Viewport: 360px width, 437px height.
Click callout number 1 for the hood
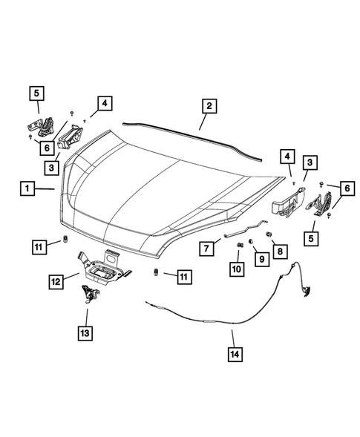27,190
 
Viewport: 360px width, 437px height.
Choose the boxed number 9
261,257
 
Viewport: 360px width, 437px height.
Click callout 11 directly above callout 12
40,245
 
